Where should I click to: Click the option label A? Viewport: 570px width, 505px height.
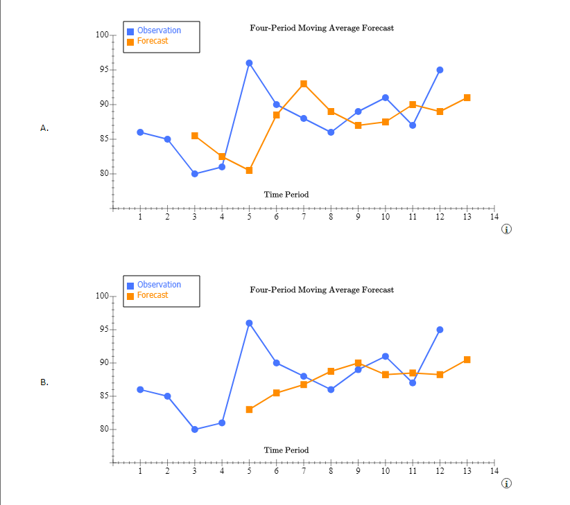coord(44,128)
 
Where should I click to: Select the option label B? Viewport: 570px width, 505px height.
coord(44,382)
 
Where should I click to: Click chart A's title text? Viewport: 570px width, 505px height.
coord(322,28)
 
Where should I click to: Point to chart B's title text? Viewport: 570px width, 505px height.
coord(322,290)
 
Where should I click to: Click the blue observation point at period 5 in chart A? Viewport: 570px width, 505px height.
coord(249,63)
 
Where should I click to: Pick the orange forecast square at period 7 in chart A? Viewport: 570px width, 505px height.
coord(304,84)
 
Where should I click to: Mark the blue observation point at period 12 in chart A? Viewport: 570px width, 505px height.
coord(440,70)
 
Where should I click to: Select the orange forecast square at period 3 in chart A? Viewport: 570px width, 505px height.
coord(195,136)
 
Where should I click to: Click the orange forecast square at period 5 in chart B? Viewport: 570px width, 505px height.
coord(249,409)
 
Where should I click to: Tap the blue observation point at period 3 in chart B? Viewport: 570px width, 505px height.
coord(195,429)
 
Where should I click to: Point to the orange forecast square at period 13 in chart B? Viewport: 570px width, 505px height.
coord(467,360)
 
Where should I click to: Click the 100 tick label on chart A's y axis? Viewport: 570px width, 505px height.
coord(101,35)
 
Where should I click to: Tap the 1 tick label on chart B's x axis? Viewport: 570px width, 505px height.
coord(140,472)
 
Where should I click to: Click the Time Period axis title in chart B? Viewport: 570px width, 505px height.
coord(286,450)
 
